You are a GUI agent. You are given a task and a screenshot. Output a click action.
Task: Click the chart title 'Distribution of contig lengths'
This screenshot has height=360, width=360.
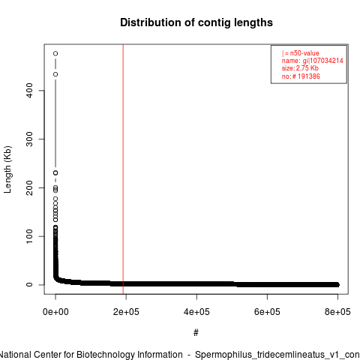[x=196, y=22]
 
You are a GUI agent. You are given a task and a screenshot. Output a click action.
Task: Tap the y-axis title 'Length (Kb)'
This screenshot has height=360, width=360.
[x=7, y=169]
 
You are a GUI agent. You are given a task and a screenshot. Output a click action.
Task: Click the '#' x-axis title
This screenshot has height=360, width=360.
[x=196, y=333]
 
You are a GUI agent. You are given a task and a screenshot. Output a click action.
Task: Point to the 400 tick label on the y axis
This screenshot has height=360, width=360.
[x=29, y=90]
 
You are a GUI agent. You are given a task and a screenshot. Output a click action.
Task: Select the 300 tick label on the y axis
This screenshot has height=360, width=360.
[x=29, y=139]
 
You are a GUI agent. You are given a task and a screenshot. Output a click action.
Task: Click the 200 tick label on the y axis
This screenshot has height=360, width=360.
[x=29, y=187]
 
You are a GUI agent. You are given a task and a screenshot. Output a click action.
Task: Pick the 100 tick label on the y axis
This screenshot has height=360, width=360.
[x=29, y=236]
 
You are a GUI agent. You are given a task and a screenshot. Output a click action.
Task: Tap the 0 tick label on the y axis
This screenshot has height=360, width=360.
[x=29, y=285]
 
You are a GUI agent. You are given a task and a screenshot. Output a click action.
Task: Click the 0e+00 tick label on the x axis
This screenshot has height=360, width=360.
[x=55, y=312]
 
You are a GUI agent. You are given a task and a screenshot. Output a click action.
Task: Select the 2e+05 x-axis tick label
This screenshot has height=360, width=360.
[x=126, y=312]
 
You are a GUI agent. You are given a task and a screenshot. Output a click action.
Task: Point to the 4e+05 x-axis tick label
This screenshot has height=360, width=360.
[x=196, y=312]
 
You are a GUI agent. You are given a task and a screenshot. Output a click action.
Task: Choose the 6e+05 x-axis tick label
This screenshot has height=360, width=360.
[x=267, y=312]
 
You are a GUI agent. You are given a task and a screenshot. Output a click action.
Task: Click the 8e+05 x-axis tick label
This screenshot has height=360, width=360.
[x=337, y=312]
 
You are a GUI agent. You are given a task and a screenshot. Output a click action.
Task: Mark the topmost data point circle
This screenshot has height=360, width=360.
[x=55, y=53]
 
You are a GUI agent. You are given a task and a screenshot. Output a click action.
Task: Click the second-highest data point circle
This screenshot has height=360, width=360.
[x=55, y=74]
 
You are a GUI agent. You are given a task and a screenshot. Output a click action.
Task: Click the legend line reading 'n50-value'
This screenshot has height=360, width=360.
[x=301, y=53]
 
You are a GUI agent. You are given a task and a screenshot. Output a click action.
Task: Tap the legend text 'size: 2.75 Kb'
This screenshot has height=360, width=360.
[x=300, y=68]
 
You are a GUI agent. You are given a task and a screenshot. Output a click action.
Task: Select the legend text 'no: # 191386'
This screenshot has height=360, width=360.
[x=301, y=76]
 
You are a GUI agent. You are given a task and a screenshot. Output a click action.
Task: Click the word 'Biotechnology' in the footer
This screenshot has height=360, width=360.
[x=129, y=355]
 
